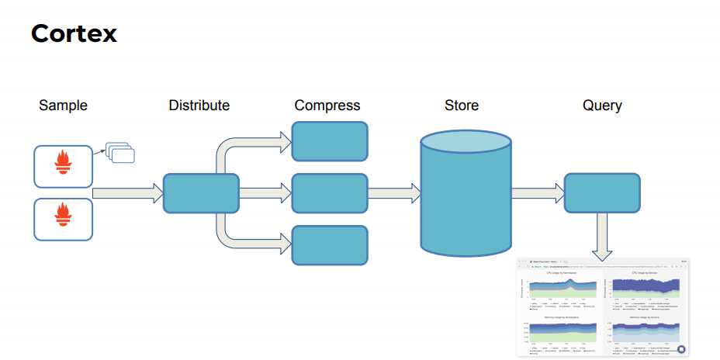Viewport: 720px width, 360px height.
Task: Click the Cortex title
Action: [x=74, y=33]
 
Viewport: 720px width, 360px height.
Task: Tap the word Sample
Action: [x=63, y=106]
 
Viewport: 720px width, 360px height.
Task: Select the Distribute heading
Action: [x=199, y=105]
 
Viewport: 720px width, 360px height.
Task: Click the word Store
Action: [x=462, y=106]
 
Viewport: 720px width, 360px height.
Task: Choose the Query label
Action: [x=602, y=106]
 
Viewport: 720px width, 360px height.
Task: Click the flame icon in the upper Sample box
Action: [x=63, y=163]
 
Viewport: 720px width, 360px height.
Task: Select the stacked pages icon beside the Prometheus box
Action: [x=120, y=154]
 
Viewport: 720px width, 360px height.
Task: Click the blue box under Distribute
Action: [x=200, y=193]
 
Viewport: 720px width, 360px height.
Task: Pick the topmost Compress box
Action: [x=329, y=141]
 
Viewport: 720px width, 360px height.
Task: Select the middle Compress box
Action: [x=329, y=193]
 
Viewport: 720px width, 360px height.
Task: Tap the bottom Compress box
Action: [x=329, y=244]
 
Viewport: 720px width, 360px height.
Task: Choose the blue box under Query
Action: [x=601, y=193]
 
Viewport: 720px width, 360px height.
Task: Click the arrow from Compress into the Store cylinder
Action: [x=393, y=193]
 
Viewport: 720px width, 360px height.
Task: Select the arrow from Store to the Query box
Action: [x=538, y=193]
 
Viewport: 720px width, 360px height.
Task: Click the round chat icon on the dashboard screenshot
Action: [x=680, y=350]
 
